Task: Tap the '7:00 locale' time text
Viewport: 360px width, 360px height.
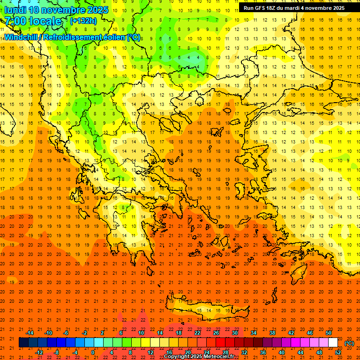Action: point(33,21)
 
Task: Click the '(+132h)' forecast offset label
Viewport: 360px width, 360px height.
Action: point(83,21)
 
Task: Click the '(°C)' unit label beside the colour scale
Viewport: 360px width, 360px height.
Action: point(349,343)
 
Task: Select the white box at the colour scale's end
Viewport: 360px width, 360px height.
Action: point(333,343)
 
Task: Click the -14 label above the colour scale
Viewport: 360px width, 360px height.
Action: point(30,333)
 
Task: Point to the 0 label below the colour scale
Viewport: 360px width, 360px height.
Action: point(93,352)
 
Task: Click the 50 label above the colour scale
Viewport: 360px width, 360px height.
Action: point(328,333)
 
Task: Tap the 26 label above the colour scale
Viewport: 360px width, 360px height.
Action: point(216,333)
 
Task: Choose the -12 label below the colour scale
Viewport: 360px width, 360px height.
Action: point(39,352)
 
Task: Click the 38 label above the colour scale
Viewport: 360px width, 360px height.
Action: point(272,333)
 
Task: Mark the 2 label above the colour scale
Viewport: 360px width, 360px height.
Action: point(102,333)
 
